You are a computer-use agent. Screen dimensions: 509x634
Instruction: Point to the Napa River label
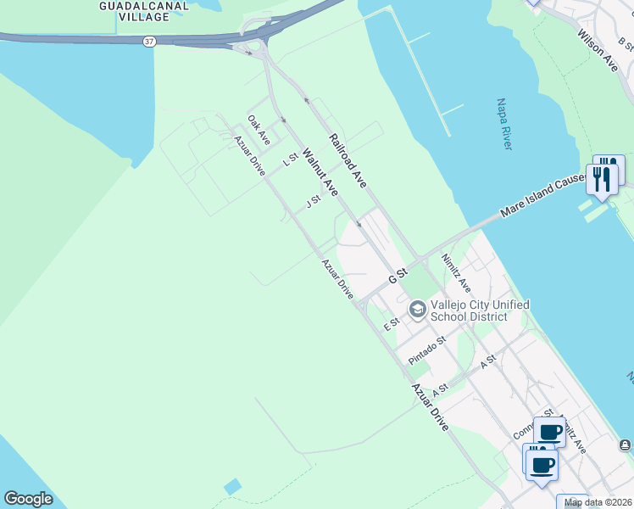pos(503,125)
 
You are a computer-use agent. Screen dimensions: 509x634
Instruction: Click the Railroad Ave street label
pos(348,160)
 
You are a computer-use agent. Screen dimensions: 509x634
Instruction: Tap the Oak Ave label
pos(259,130)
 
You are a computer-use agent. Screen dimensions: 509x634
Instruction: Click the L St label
pos(291,158)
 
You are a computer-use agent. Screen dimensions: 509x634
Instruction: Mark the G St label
pos(398,277)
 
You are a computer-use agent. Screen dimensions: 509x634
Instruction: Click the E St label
pos(391,323)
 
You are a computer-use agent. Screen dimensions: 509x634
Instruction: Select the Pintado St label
pos(426,350)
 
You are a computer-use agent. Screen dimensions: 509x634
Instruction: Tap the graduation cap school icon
pos(417,310)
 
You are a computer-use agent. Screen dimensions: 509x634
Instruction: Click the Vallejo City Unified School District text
pos(480,310)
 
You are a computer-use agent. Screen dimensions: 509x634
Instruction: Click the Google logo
pos(28,499)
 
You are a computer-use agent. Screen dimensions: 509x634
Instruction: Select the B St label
pos(625,42)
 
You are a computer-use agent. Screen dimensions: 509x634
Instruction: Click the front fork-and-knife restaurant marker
pos(602,179)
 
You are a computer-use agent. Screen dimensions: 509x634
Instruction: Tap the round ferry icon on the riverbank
pos(625,445)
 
